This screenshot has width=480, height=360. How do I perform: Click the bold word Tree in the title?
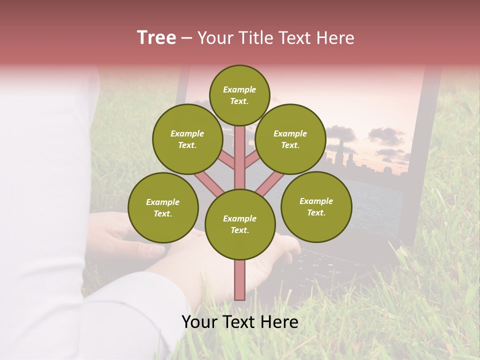[x=156, y=37]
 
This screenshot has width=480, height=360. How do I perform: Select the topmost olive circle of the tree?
[x=239, y=95]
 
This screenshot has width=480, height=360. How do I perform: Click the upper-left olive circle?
[x=187, y=139]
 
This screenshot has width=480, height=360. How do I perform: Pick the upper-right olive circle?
[x=290, y=139]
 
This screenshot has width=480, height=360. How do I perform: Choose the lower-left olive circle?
[x=163, y=207]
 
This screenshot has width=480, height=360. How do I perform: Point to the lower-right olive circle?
[x=316, y=206]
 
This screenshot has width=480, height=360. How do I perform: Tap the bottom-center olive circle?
[x=240, y=224]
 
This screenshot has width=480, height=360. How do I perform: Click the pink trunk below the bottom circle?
[x=240, y=280]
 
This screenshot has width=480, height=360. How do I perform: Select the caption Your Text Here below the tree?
[x=240, y=322]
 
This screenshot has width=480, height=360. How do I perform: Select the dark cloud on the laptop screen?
[x=385, y=135]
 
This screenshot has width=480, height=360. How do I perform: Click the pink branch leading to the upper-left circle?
[x=228, y=160]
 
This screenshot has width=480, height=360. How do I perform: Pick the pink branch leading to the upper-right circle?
[x=252, y=160]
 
